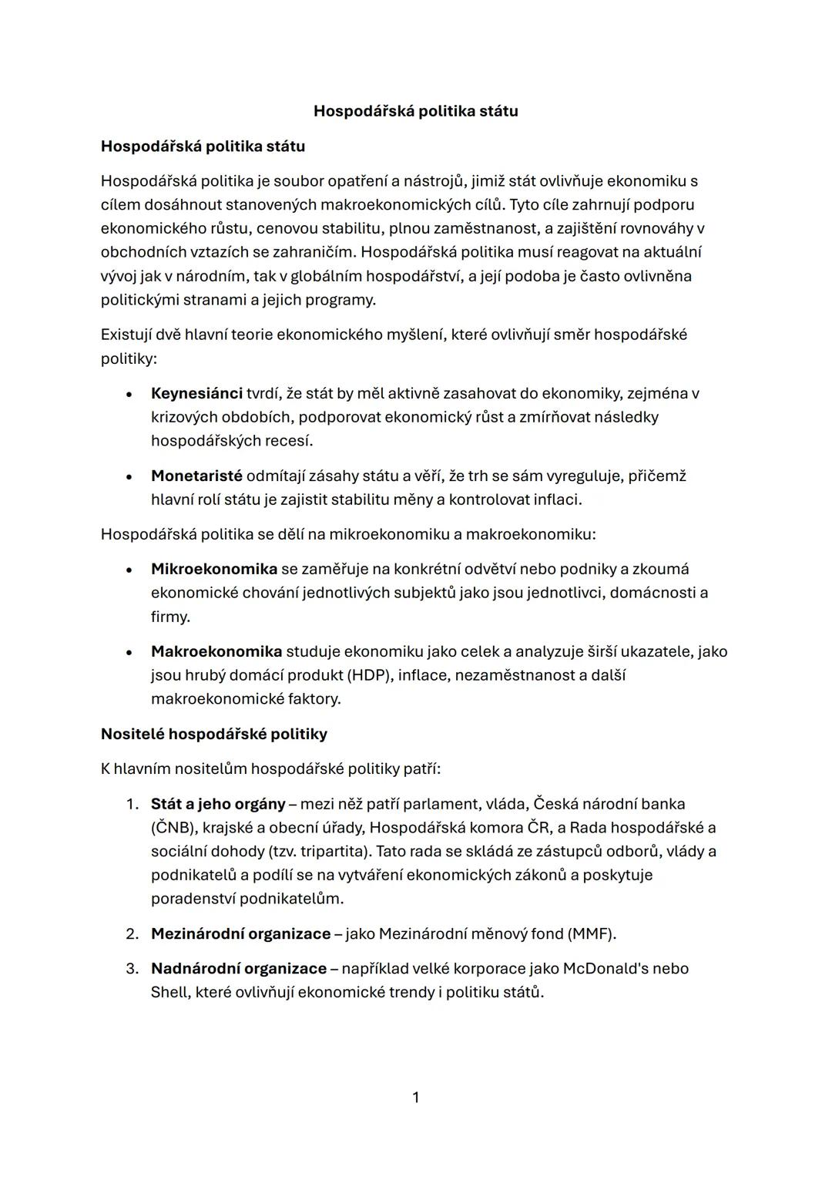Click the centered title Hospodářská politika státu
tap(415, 111)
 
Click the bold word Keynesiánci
tap(196, 393)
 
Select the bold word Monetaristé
tap(196, 476)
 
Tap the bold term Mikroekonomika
tap(213, 569)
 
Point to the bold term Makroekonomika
tap(216, 651)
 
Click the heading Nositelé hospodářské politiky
tap(214, 734)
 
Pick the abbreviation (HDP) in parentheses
tap(370, 675)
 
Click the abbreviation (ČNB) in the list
tap(173, 828)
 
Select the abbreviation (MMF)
tap(591, 934)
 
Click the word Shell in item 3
tap(168, 993)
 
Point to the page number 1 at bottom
tap(416, 1098)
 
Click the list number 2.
tap(132, 934)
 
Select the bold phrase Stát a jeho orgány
tap(218, 804)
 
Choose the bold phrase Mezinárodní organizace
tap(240, 934)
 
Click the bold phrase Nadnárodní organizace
tap(239, 969)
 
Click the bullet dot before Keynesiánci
tap(129, 394)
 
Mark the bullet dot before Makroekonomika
tap(129, 652)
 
